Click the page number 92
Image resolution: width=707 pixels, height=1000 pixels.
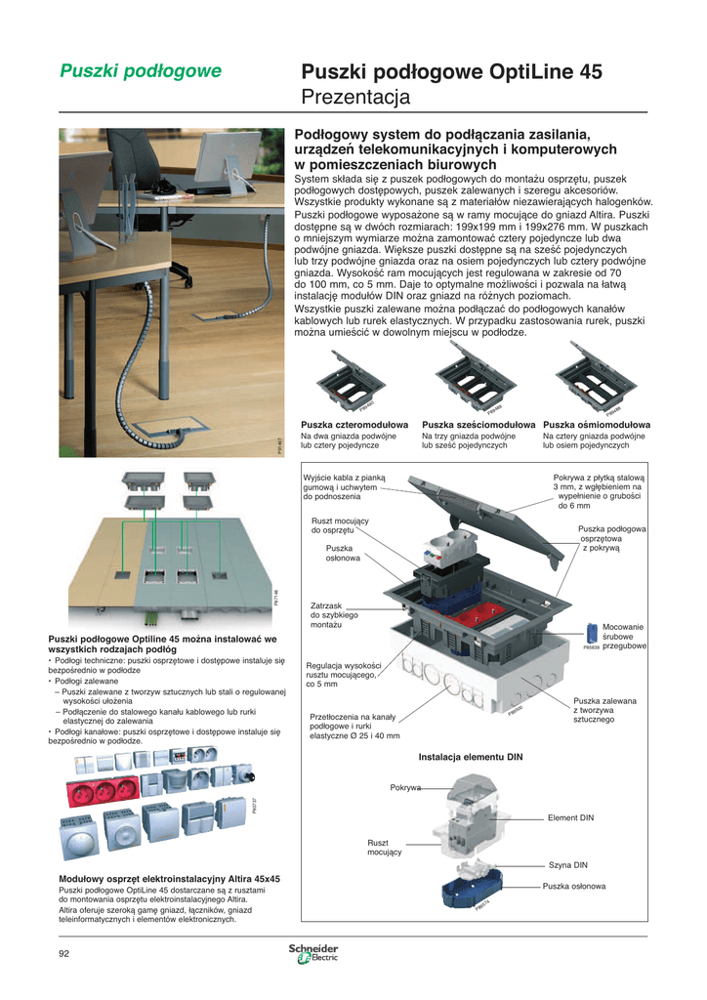pyautogui.click(x=64, y=954)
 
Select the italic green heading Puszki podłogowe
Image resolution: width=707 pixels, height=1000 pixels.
pyautogui.click(x=141, y=70)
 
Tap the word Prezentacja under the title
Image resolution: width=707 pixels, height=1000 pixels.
pyautogui.click(x=356, y=98)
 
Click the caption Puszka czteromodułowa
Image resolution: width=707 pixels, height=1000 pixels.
pyautogui.click(x=354, y=425)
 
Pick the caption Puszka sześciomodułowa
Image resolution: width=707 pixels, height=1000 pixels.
pyautogui.click(x=478, y=425)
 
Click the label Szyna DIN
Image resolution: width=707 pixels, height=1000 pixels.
pyautogui.click(x=567, y=864)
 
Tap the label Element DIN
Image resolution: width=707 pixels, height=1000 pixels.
pyautogui.click(x=570, y=817)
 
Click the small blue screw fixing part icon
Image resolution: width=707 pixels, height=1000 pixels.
pyautogui.click(x=591, y=633)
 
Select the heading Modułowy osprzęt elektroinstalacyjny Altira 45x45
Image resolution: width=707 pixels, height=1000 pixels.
pyautogui.click(x=170, y=879)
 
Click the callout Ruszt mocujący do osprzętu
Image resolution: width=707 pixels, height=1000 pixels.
pyautogui.click(x=333, y=525)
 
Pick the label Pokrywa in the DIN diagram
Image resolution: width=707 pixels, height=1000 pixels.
pyautogui.click(x=405, y=787)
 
